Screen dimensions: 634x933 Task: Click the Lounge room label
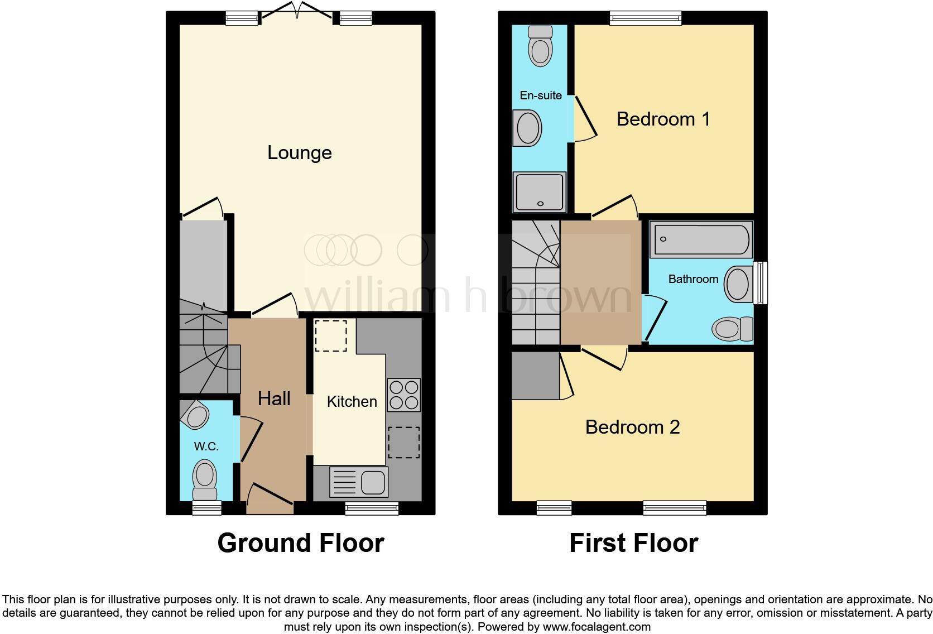[300, 153]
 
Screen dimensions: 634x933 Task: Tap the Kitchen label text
[352, 402]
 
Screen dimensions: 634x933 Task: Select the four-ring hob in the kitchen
[403, 395]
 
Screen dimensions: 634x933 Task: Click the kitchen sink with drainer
[359, 482]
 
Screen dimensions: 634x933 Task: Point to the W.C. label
[206, 446]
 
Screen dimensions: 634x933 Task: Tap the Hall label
[274, 398]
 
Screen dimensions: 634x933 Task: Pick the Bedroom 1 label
[663, 119]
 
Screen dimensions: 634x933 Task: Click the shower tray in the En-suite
[540, 192]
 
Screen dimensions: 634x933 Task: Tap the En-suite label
[540, 95]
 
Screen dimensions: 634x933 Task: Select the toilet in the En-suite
[540, 46]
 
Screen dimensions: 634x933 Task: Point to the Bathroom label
[693, 279]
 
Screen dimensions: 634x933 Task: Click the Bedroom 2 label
[632, 427]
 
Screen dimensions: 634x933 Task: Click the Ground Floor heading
[300, 543]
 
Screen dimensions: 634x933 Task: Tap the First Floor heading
[633, 543]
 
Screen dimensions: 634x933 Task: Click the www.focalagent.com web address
[597, 627]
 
